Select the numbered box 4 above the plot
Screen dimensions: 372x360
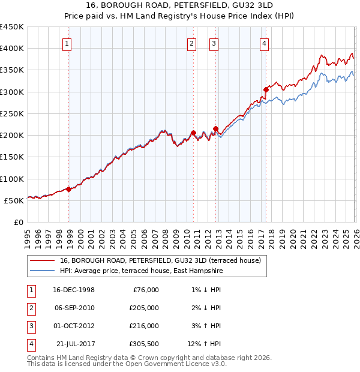tap(264, 43)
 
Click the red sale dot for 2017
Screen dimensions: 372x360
tap(265, 89)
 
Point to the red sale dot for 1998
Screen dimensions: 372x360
tap(68, 189)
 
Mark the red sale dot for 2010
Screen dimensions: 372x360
tap(193, 133)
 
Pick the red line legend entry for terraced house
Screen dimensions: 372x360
tap(160, 261)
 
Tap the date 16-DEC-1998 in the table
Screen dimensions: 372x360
tap(74, 290)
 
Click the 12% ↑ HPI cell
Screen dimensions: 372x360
tap(205, 344)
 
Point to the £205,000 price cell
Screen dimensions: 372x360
tap(144, 308)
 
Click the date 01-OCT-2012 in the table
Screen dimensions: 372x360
tap(74, 326)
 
